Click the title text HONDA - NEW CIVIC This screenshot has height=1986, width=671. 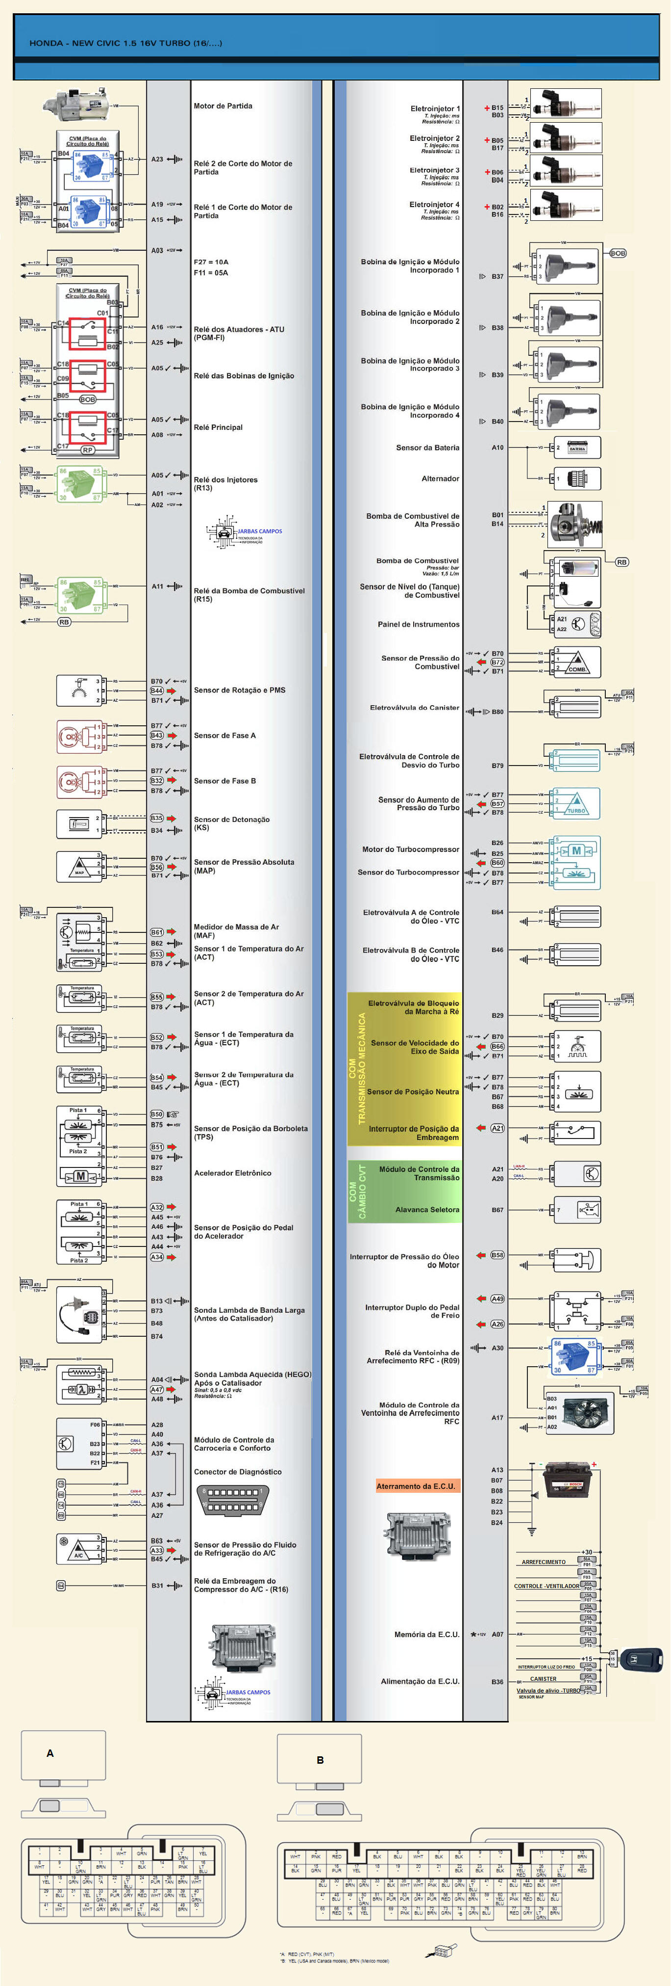tap(125, 43)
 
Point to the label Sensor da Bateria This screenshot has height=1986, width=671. tap(427, 447)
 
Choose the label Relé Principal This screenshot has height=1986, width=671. tap(218, 427)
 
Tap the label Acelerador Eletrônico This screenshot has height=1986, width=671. tap(233, 1173)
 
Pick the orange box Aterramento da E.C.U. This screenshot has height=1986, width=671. tap(416, 1485)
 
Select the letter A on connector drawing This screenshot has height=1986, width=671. tap(50, 1753)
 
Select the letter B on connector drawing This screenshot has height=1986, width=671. tap(320, 1759)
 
